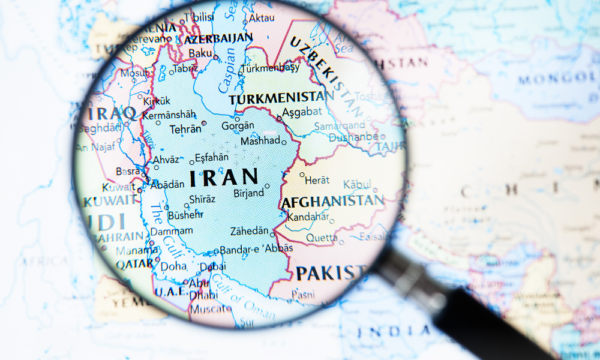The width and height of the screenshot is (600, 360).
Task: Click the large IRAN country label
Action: (x=224, y=177)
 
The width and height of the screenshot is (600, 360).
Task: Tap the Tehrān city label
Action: (x=185, y=129)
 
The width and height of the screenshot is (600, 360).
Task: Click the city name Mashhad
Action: (x=260, y=141)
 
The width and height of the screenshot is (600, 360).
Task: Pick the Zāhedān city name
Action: (x=250, y=231)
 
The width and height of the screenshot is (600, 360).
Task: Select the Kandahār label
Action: (x=308, y=217)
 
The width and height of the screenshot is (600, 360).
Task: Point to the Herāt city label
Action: (x=317, y=179)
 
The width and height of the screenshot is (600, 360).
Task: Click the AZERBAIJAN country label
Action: (x=218, y=39)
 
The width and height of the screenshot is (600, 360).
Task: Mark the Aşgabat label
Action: (x=298, y=113)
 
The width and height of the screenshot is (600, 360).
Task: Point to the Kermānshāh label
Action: (x=169, y=114)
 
